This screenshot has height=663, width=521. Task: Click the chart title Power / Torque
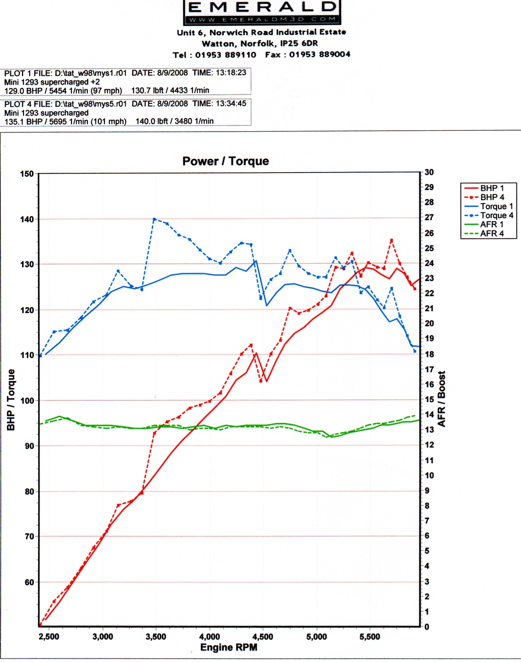(x=225, y=161)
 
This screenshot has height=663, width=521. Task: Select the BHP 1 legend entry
(x=491, y=188)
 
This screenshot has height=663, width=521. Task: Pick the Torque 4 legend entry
(x=496, y=215)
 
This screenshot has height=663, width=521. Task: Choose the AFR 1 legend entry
(x=491, y=224)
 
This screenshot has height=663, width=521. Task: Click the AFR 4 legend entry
(x=491, y=233)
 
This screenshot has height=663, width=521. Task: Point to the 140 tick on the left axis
(x=27, y=219)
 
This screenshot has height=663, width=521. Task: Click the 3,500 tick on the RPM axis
(x=156, y=637)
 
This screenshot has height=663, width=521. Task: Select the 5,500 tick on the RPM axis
(x=369, y=637)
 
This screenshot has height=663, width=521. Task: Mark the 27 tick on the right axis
(x=429, y=218)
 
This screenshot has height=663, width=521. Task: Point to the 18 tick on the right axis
(x=429, y=354)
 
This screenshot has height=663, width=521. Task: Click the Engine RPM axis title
(x=229, y=647)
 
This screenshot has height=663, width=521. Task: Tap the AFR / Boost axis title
(x=441, y=399)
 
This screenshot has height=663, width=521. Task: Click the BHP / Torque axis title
(x=11, y=400)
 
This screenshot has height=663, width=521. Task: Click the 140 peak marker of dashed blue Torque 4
(x=154, y=219)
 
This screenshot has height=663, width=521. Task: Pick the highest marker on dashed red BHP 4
(x=391, y=240)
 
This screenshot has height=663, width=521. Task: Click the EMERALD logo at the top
(x=262, y=12)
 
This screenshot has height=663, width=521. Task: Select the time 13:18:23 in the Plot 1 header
(x=231, y=73)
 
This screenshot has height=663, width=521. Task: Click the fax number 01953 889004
(x=320, y=55)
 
